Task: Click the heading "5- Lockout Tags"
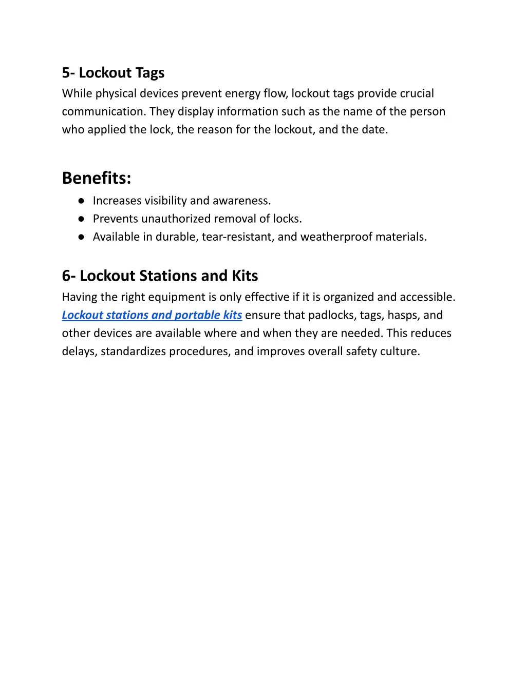pyautogui.click(x=113, y=73)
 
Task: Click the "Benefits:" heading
pyautogui.click(x=97, y=178)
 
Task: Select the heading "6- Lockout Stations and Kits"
pyautogui.click(x=160, y=276)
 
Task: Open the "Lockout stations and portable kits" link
pyautogui.click(x=152, y=315)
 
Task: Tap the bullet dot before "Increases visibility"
pyautogui.click(x=81, y=201)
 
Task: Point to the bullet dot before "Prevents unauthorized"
pyautogui.click(x=81, y=219)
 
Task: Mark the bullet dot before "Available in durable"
pyautogui.click(x=81, y=237)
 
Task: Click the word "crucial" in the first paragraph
pyautogui.click(x=416, y=93)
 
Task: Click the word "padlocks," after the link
pyautogui.click(x=330, y=315)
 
